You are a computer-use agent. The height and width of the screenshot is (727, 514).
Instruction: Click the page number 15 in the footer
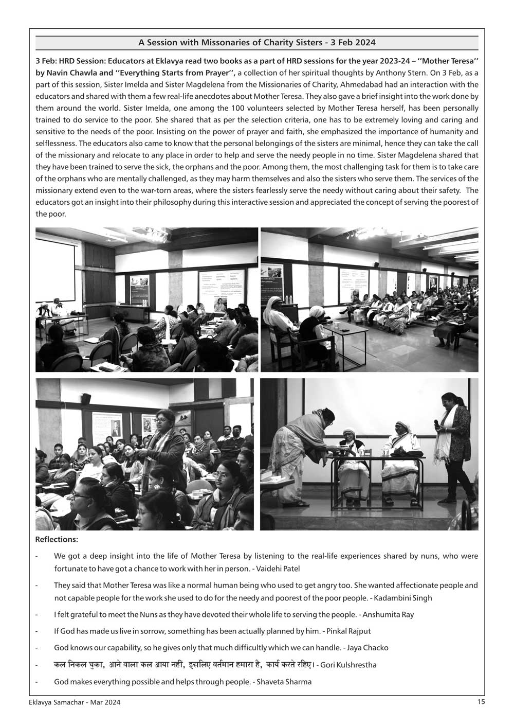(481, 701)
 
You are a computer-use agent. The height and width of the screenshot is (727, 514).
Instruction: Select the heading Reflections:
(57, 540)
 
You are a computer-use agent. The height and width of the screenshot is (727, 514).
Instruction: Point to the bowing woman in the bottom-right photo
(301, 448)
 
